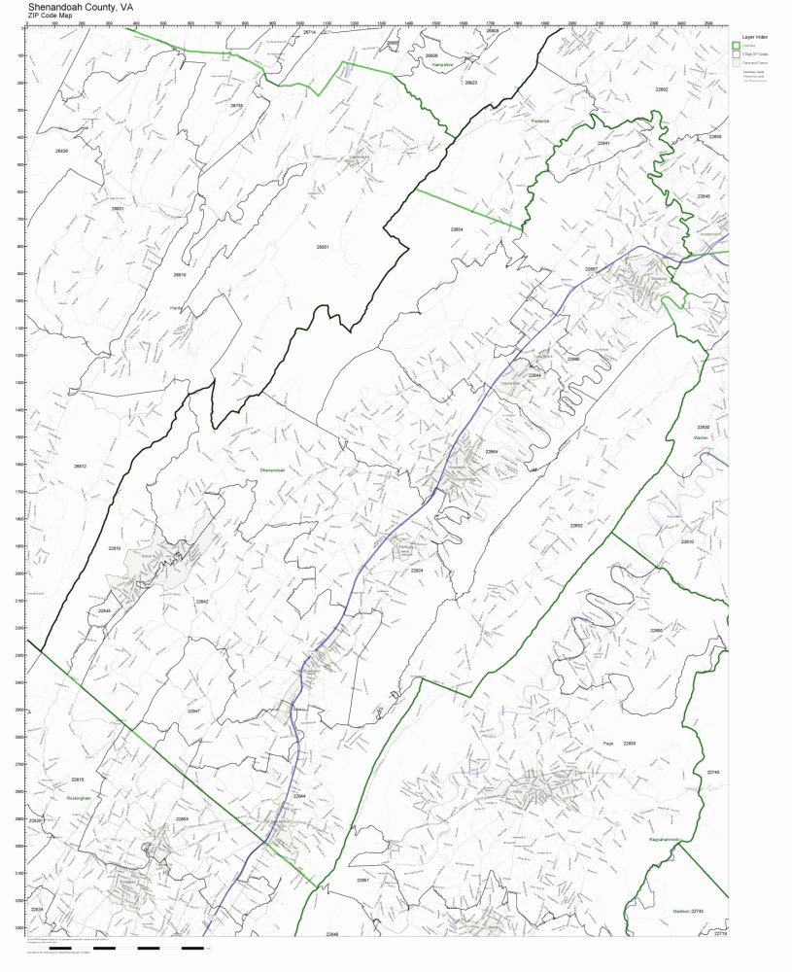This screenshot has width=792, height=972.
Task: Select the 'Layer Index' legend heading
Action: [x=743, y=35]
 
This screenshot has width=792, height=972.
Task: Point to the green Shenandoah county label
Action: [x=272, y=470]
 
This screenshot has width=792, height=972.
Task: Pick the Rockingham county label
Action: [x=78, y=797]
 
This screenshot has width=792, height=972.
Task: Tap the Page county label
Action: [x=609, y=742]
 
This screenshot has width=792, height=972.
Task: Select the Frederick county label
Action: [x=540, y=121]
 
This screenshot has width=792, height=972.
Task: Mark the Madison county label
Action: [x=680, y=911]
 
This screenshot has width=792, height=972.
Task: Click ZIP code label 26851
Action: [x=323, y=247]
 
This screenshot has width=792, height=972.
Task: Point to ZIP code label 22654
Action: [x=457, y=229]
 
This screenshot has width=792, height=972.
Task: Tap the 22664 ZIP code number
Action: [x=492, y=452]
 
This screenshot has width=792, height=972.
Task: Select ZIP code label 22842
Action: [x=202, y=602]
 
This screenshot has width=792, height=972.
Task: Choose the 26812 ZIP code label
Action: [x=81, y=467]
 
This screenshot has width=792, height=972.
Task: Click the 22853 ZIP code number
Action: [x=182, y=819]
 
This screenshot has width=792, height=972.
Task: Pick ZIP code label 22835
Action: [x=630, y=743]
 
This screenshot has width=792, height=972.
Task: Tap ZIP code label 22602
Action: [x=661, y=89]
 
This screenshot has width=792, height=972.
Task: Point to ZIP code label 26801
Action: [x=118, y=208]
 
